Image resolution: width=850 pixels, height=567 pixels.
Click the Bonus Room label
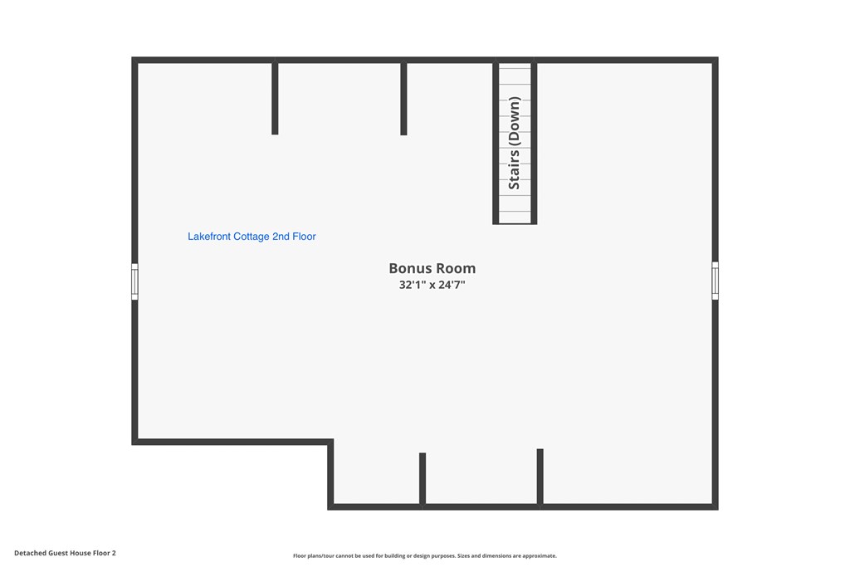tap(432, 268)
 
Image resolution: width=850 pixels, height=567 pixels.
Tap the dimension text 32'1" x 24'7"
tap(432, 285)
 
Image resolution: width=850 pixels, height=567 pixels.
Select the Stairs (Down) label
tap(514, 143)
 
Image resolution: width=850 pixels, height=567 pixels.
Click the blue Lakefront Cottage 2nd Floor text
tap(252, 237)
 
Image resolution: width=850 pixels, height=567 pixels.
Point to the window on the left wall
tap(134, 281)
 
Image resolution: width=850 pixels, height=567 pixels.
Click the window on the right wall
tap(715, 281)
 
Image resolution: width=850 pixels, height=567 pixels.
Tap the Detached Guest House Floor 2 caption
tap(65, 553)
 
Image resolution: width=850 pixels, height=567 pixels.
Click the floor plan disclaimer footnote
tap(424, 555)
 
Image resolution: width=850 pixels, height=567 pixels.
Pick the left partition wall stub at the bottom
tap(423, 481)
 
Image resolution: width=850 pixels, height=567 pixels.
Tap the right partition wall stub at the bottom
tap(540, 478)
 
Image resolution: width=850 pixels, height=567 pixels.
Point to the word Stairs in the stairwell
tap(514, 169)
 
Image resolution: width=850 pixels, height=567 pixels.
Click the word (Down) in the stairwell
tap(514, 121)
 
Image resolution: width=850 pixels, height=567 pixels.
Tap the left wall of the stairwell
tap(496, 141)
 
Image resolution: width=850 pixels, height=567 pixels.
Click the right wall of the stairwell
tap(534, 141)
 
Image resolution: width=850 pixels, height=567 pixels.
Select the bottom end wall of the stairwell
tap(515, 222)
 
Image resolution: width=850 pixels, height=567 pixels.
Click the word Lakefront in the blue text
tap(209, 237)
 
